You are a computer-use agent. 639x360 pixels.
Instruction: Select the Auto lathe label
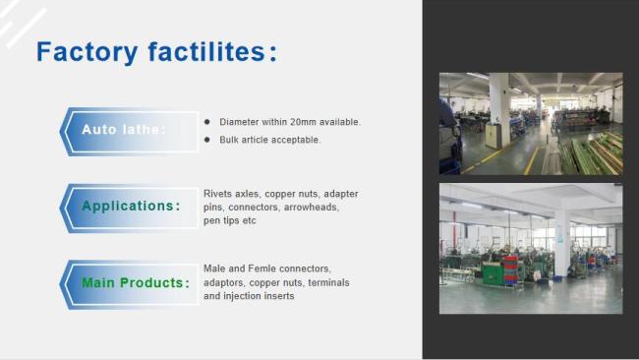[x=124, y=129]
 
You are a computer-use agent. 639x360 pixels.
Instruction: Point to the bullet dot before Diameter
[x=207, y=121]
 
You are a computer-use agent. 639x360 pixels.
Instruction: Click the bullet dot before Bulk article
[x=207, y=140]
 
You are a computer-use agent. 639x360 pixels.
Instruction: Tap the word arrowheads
[x=314, y=208]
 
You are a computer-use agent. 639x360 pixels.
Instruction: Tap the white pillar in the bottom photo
[x=561, y=241]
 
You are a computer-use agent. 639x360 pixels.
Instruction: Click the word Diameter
[x=239, y=122]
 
